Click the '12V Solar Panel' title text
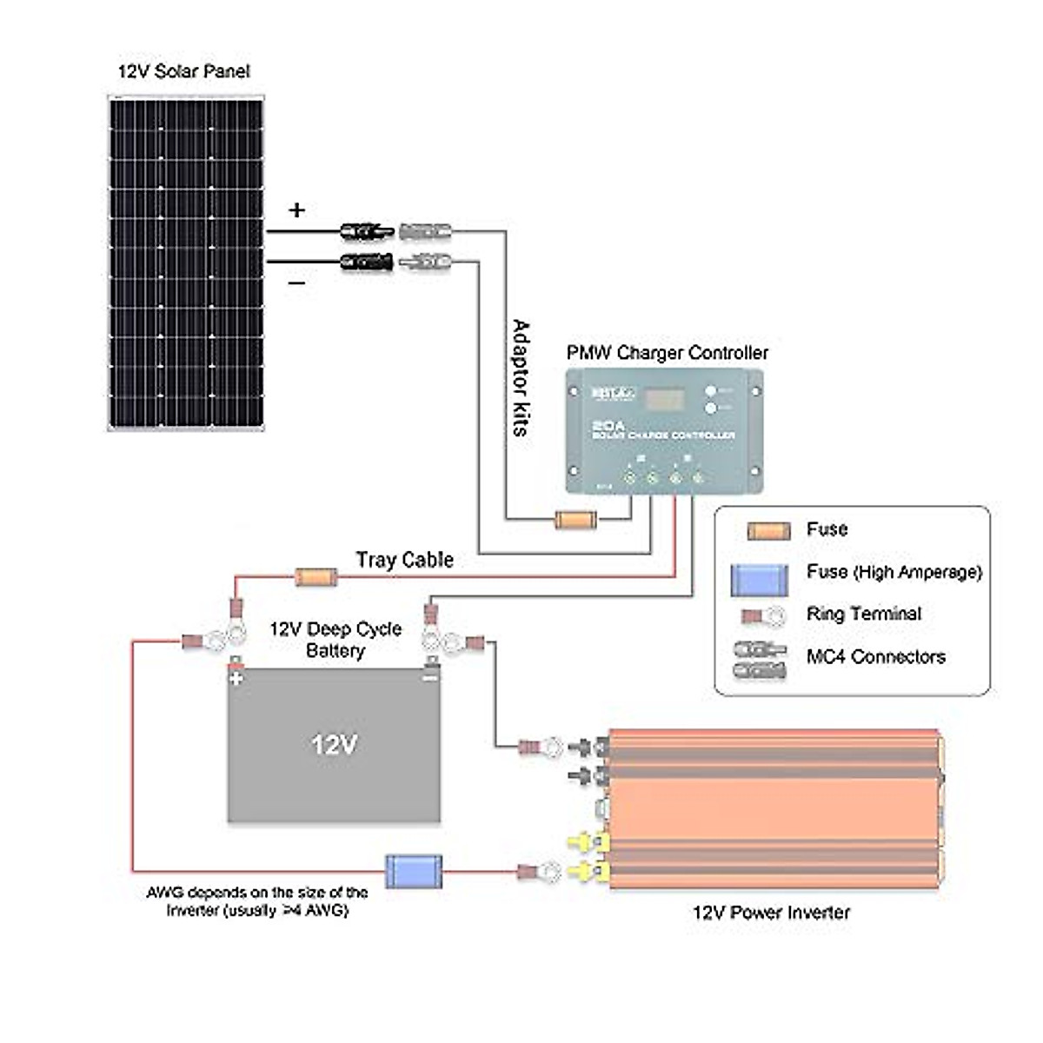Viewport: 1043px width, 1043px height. [x=184, y=71]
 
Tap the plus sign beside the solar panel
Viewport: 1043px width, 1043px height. [x=297, y=210]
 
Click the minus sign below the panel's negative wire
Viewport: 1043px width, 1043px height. [x=297, y=283]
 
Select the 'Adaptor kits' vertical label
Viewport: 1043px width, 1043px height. [x=521, y=378]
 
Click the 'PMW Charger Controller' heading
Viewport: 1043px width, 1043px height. [x=668, y=353]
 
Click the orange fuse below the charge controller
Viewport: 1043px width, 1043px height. [x=575, y=521]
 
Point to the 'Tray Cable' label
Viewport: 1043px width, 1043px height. [x=405, y=560]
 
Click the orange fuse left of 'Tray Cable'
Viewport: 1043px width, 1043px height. [x=316, y=576]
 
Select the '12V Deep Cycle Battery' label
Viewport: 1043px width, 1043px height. [x=335, y=640]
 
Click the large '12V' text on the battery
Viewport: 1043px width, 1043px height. [x=335, y=745]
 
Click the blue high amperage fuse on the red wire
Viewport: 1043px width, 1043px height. [x=413, y=871]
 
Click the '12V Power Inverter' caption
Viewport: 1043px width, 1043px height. [x=771, y=913]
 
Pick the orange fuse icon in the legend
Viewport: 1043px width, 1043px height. [x=768, y=531]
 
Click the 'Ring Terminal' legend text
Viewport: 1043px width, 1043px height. [x=863, y=614]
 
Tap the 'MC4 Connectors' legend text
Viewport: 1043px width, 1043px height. [x=875, y=657]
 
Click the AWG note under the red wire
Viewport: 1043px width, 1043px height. [x=257, y=901]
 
